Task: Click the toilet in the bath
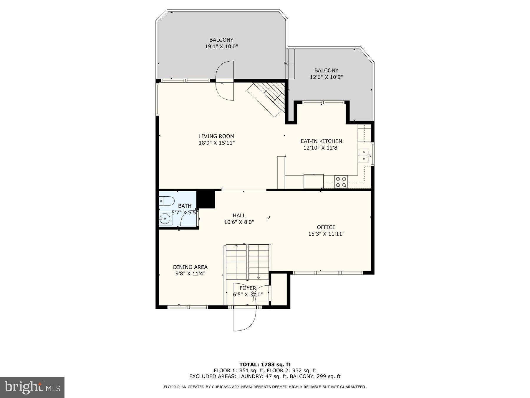167,201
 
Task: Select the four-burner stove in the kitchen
341,182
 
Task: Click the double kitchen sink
364,155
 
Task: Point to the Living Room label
216,136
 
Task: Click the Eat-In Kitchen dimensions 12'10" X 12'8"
321,148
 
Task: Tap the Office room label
326,227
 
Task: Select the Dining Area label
190,267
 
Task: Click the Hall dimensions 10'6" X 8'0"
239,222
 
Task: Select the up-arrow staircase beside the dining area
236,262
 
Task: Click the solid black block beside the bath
206,199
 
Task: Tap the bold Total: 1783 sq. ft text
265,365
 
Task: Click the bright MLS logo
32,387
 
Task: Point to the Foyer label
248,288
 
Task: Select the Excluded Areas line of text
265,376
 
